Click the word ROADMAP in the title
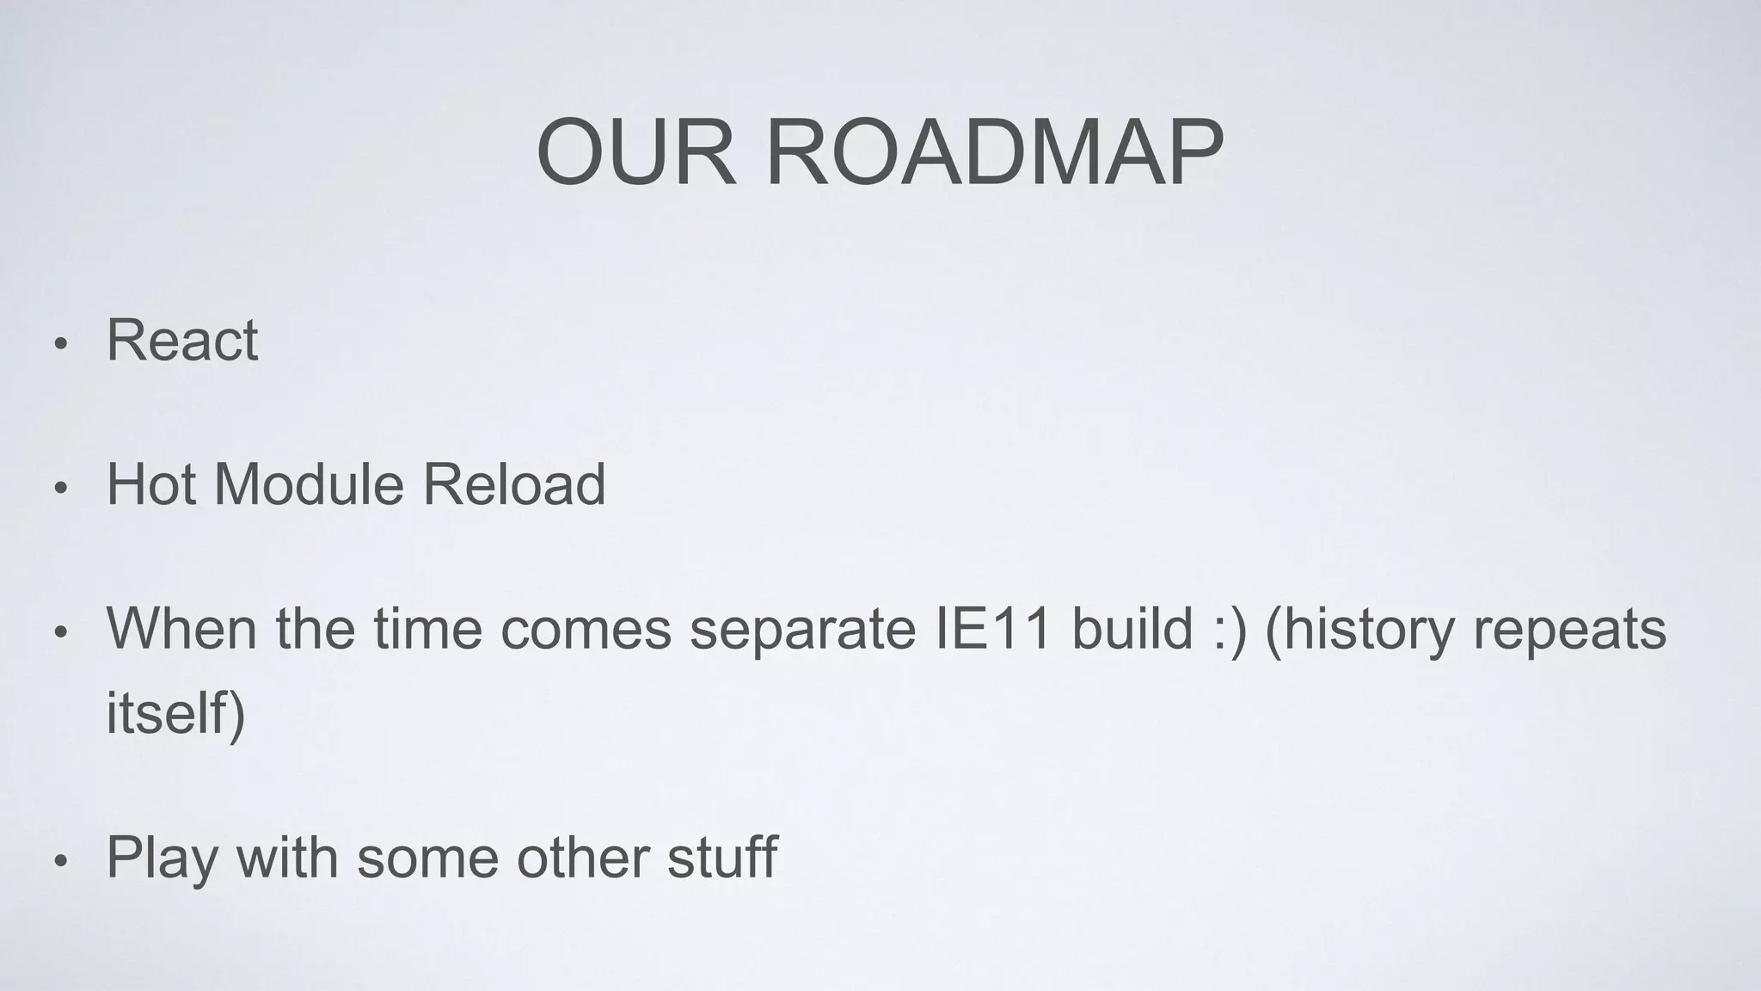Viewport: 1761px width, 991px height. [x=994, y=153]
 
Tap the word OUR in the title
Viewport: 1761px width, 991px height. [x=636, y=153]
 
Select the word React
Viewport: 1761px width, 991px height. [x=181, y=341]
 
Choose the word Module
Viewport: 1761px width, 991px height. [x=309, y=484]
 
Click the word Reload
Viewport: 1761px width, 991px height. [x=513, y=484]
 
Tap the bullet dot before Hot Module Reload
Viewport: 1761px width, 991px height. [x=59, y=489]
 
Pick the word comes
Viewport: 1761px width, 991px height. [x=585, y=628]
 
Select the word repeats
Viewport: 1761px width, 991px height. [x=1569, y=630]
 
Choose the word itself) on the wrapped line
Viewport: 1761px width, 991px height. [x=175, y=712]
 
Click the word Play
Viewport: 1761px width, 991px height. [x=162, y=859]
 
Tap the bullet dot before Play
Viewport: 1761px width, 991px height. [x=59, y=862]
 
